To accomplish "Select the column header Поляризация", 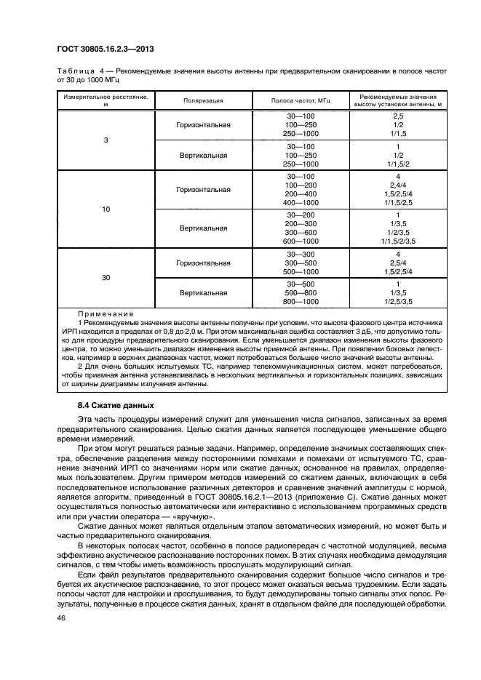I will (203, 101).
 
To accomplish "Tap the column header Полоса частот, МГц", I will (301, 101).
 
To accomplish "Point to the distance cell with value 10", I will (106, 209).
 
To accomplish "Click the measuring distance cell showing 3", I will (106, 140).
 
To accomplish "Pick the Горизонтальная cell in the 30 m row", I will (203, 263).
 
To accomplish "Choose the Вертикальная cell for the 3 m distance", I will (203, 156).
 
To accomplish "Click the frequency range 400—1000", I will (301, 203).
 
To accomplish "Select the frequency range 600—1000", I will (301, 241).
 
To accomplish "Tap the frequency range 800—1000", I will (301, 301).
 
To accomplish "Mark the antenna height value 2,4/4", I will (397, 186).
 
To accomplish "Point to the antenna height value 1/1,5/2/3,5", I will (397, 241).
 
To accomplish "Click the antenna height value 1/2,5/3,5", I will (397, 301).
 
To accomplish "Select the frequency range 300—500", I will (301, 263).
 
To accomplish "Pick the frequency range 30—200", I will (301, 216).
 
